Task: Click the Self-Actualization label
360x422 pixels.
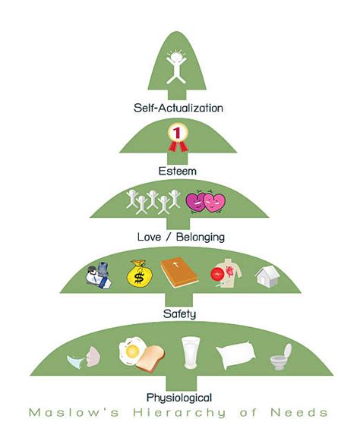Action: (178, 108)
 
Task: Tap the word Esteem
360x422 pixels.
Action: (178, 172)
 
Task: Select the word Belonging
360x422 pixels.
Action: (201, 238)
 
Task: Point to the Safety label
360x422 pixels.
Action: (179, 313)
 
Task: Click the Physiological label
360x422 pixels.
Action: (179, 398)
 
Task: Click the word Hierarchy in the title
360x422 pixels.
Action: (179, 413)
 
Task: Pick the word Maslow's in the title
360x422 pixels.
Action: (74, 413)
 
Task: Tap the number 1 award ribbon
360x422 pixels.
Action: (178, 137)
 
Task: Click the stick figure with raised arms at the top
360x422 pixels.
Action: (176, 67)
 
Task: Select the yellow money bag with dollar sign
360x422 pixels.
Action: (139, 273)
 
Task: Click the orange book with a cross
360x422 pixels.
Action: (179, 273)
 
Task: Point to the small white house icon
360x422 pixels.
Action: (267, 276)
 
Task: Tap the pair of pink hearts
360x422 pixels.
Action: (206, 202)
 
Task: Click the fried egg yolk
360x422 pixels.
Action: (132, 351)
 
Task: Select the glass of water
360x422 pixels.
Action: (191, 352)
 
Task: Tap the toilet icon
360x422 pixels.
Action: (281, 357)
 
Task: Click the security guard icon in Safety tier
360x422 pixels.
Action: (98, 275)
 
